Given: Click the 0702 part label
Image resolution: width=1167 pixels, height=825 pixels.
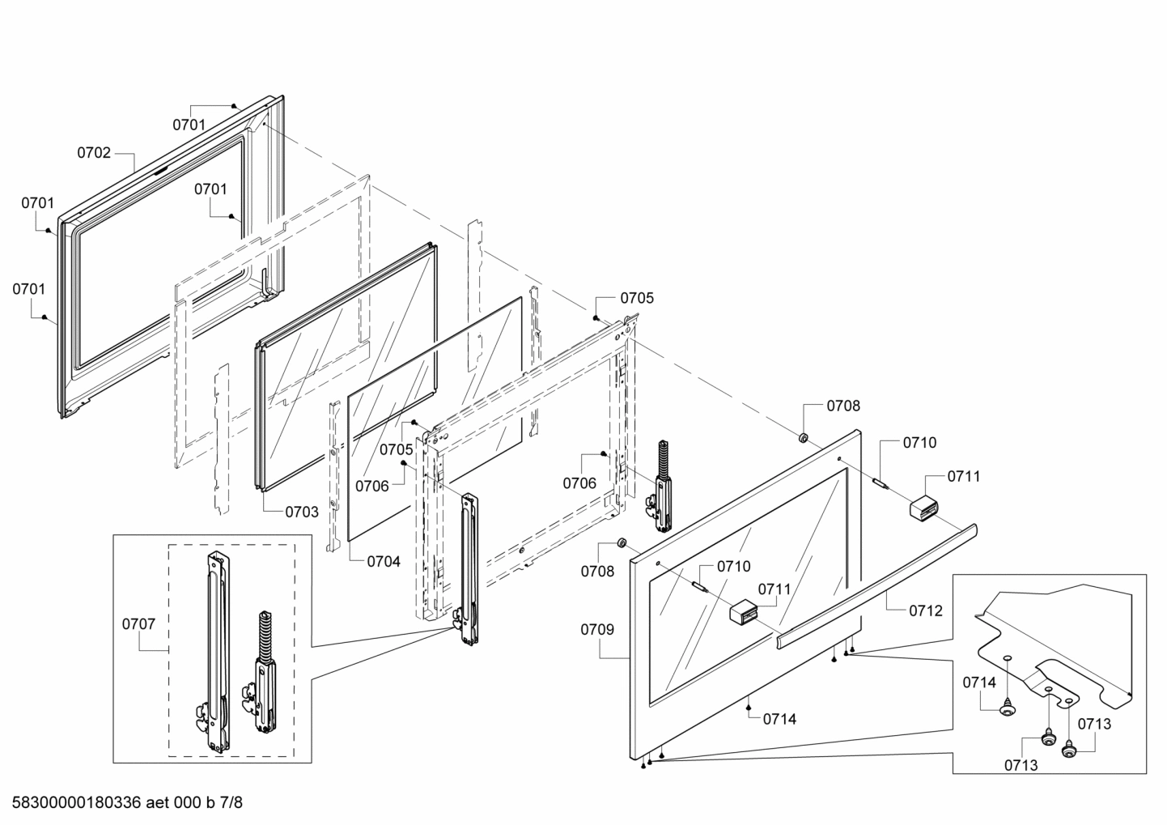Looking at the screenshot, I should pyautogui.click(x=94, y=152).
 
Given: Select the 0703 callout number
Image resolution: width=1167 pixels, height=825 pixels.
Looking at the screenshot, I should pyautogui.click(x=301, y=512).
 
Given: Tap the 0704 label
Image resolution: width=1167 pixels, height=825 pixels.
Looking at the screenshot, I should pyautogui.click(x=383, y=560).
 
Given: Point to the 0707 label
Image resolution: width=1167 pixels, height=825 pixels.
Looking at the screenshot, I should pyautogui.click(x=138, y=623).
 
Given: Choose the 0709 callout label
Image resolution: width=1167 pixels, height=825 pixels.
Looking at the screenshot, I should pyautogui.click(x=596, y=629).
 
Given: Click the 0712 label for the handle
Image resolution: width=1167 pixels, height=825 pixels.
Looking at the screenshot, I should pyautogui.click(x=925, y=611).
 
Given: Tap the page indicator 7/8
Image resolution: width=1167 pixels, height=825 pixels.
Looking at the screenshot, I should pyautogui.click(x=231, y=803).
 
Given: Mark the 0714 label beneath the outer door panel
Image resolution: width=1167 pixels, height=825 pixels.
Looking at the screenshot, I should pyautogui.click(x=779, y=718).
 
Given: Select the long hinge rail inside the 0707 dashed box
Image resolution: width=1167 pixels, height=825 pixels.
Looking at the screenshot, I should pyautogui.click(x=216, y=648).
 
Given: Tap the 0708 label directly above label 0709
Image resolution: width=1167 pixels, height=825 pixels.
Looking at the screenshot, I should pyautogui.click(x=596, y=571).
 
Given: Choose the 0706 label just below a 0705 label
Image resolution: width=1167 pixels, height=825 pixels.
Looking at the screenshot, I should pyautogui.click(x=371, y=485).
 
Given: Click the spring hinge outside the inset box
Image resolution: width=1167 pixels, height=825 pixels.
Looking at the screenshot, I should pyautogui.click(x=665, y=486).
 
